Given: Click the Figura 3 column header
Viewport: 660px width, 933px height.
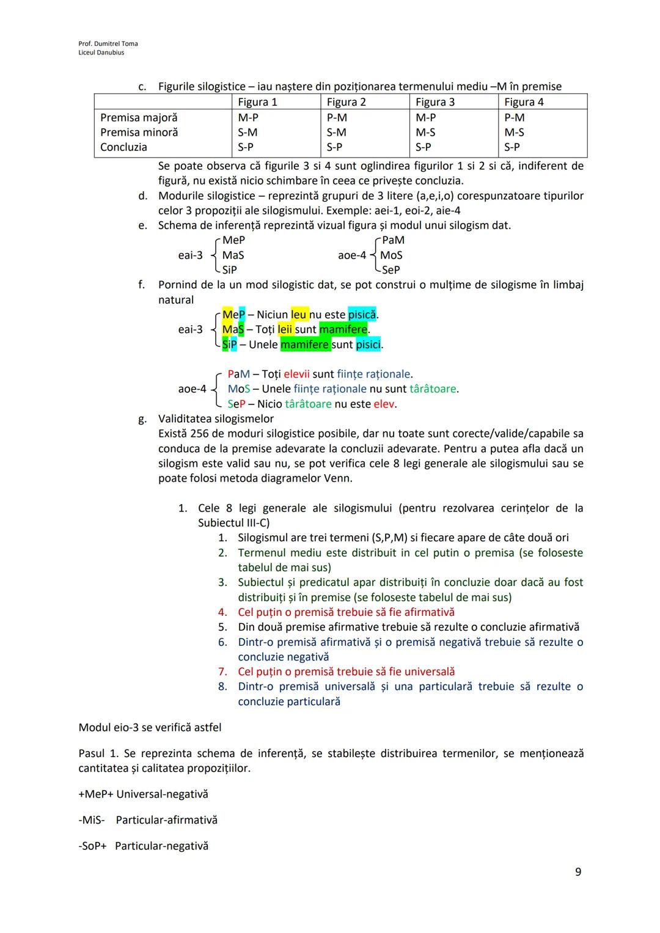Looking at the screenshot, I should (435, 102).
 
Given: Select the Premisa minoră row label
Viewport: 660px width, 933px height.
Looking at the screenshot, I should (139, 133).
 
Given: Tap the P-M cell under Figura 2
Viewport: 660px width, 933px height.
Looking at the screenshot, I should (337, 117).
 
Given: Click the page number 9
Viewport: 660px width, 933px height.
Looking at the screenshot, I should (578, 872).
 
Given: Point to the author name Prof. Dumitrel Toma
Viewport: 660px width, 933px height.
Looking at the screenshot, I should (108, 43).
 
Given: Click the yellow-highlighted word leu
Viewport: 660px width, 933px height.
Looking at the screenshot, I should (299, 315).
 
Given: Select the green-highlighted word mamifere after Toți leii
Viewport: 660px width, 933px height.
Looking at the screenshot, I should (343, 329).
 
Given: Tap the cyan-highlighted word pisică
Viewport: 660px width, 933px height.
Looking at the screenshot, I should (362, 315).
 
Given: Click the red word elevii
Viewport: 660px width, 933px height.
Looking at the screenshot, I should (296, 374).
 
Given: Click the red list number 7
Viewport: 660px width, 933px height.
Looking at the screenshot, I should (223, 672).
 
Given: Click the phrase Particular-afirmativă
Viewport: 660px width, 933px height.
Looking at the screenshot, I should (166, 820).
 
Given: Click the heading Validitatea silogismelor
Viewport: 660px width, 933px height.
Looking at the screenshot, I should (216, 419).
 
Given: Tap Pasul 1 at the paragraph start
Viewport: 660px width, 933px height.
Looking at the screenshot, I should (98, 754).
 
